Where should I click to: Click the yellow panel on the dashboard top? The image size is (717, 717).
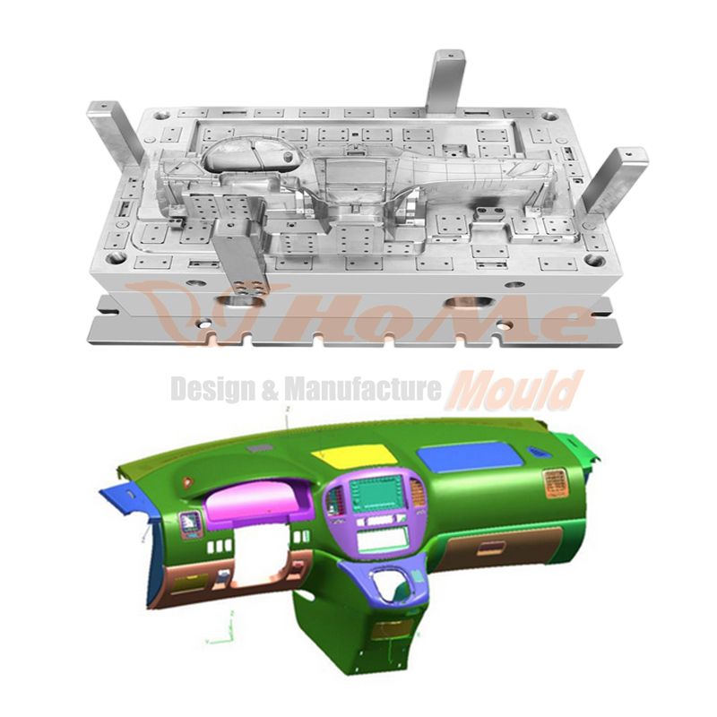click(x=353, y=455)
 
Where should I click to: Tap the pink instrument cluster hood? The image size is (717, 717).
click(x=260, y=502)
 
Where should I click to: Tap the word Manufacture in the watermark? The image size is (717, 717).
click(x=363, y=389)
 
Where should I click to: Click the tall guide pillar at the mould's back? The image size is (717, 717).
click(x=445, y=82)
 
